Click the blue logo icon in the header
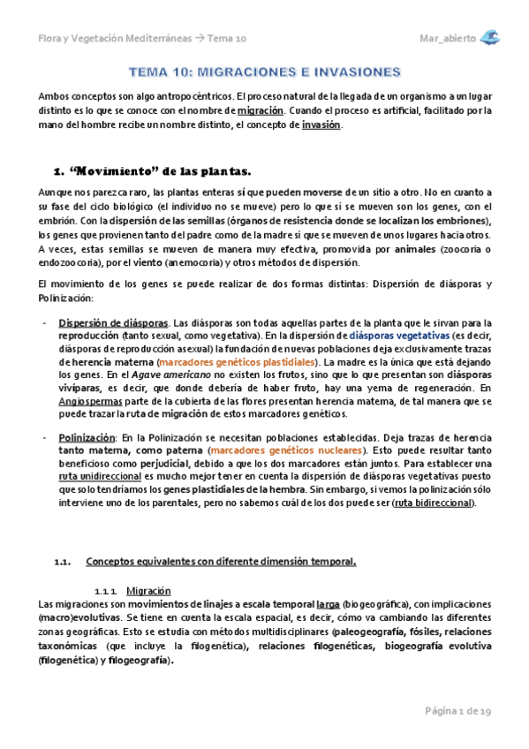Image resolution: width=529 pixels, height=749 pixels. click(x=490, y=37)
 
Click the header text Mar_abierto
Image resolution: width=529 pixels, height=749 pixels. click(x=447, y=39)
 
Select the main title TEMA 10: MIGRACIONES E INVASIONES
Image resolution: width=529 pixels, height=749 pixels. click(x=265, y=71)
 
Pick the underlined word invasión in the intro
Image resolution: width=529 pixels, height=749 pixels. click(x=321, y=125)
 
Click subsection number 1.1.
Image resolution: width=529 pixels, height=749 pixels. click(x=62, y=561)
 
